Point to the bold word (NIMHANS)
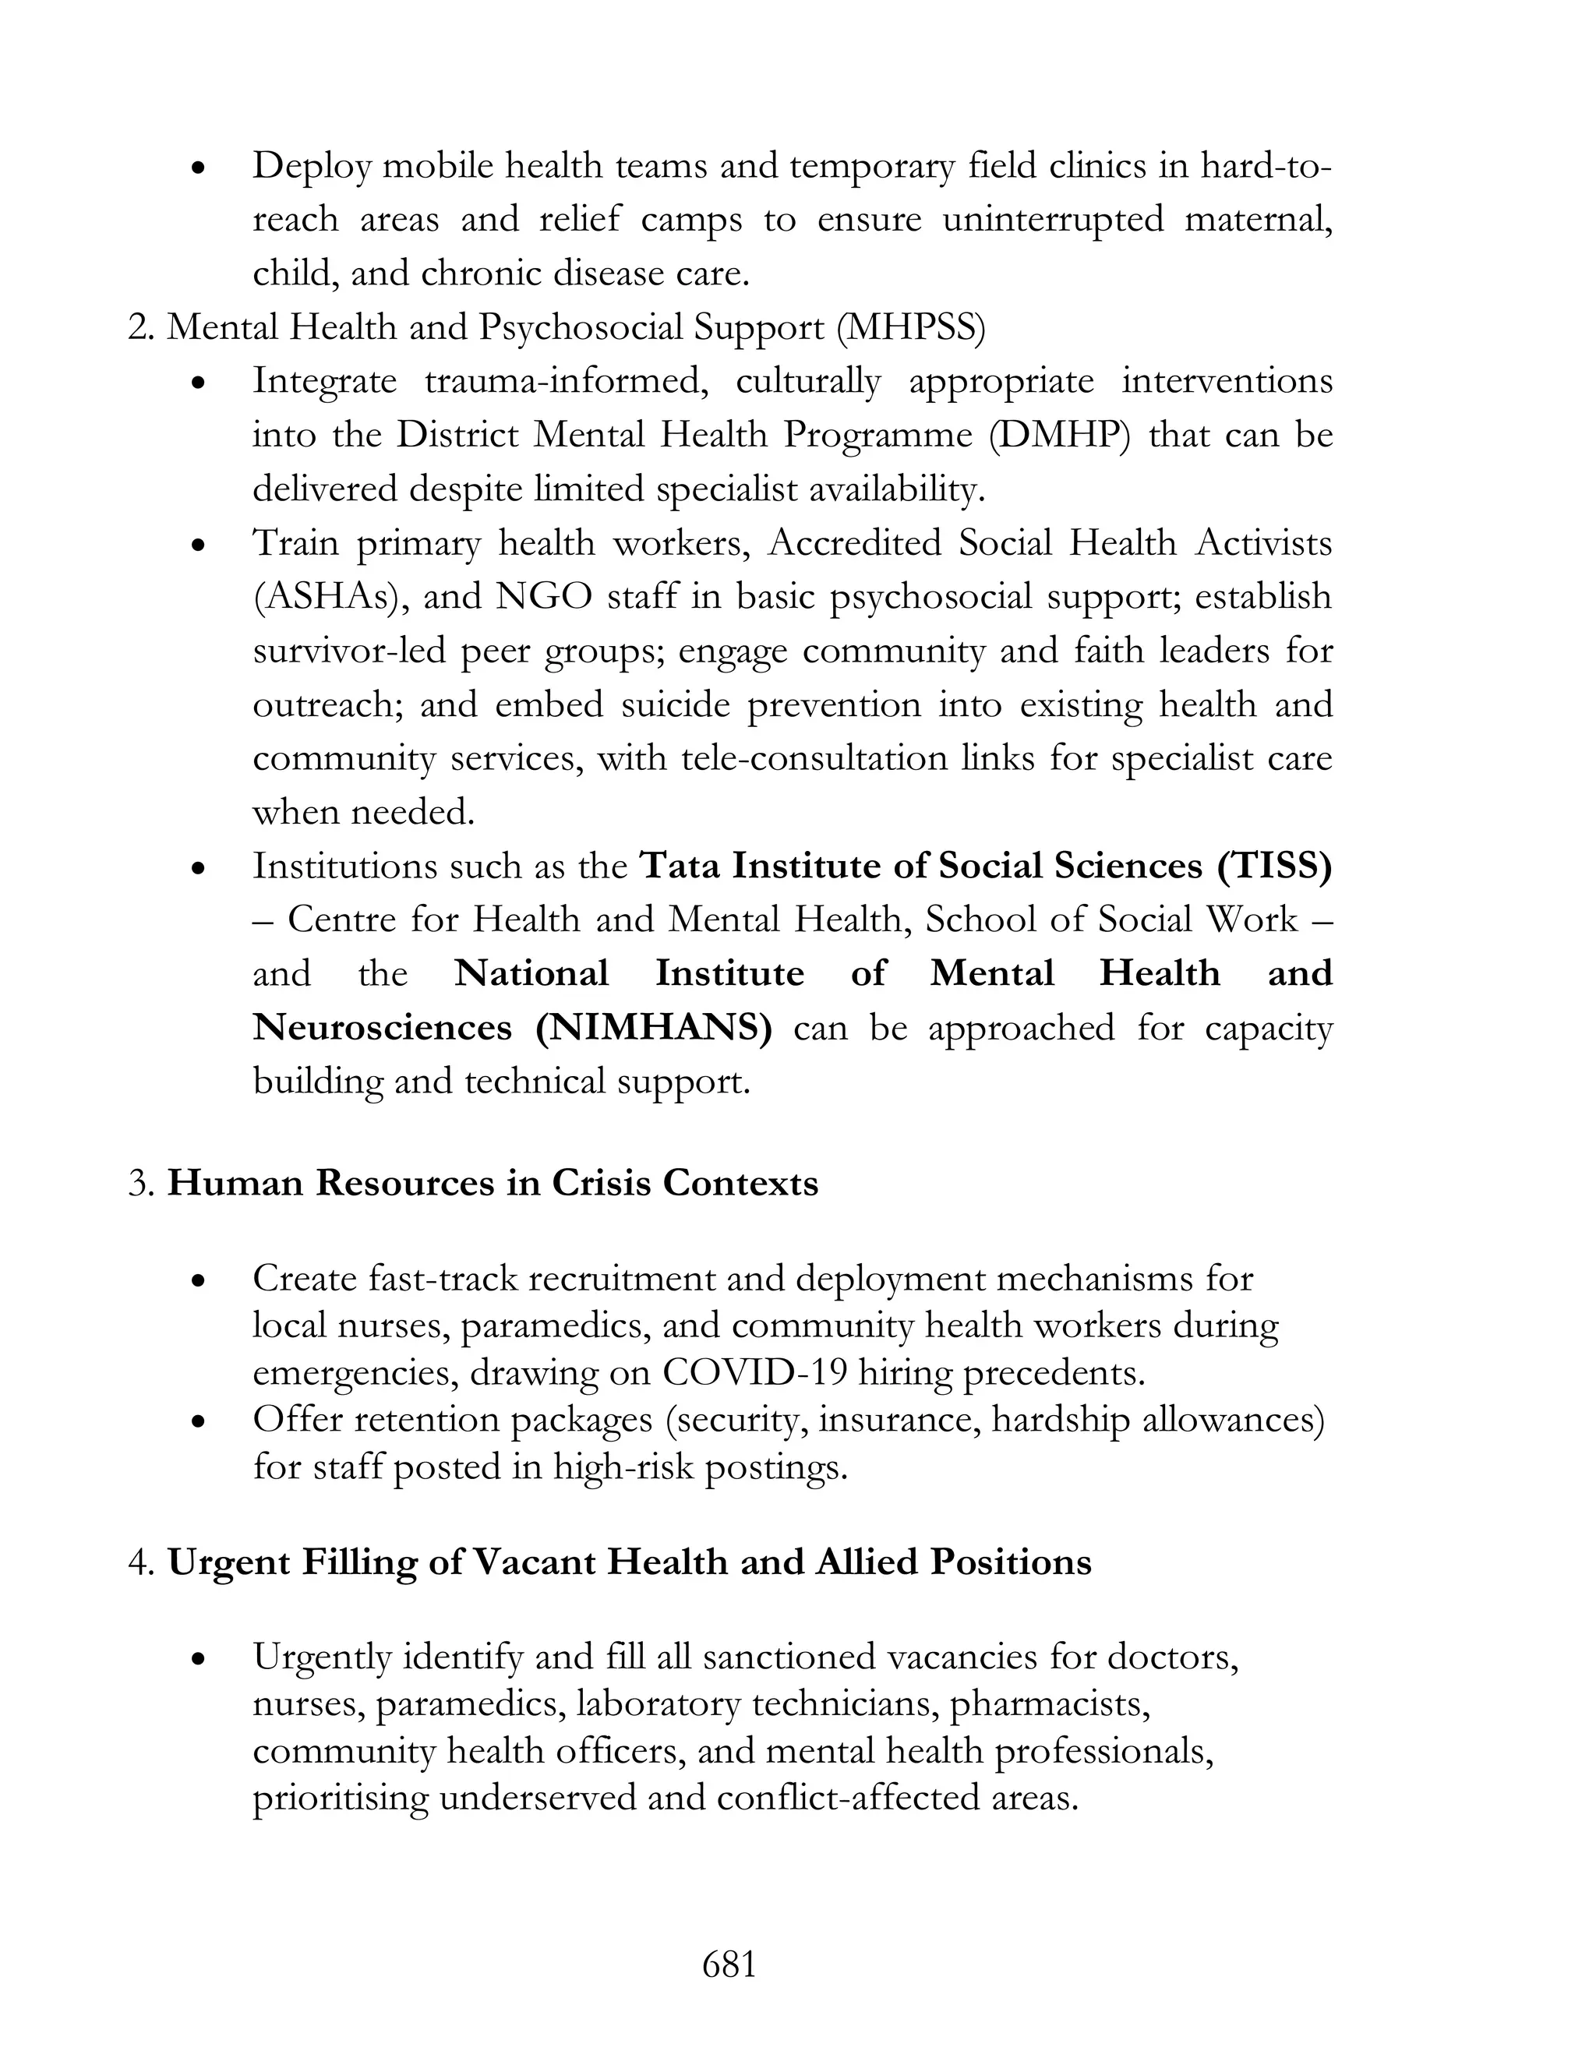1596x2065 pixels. pyautogui.click(x=653, y=1028)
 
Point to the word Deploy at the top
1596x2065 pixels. pyautogui.click(x=309, y=167)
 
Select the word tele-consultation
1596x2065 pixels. pyautogui.click(x=814, y=758)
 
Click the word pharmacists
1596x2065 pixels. pyautogui.click(x=1050, y=1703)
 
